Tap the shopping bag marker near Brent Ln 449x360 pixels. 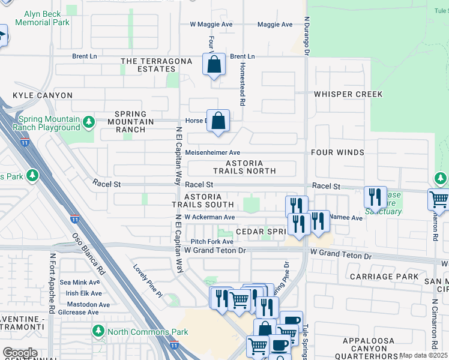pos(214,64)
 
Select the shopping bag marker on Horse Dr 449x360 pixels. pos(219,121)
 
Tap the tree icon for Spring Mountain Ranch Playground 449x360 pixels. pos(89,123)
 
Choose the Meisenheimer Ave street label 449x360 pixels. pos(212,153)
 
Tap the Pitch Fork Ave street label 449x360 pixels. pos(209,241)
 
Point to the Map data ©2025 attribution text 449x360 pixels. pos(423,355)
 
